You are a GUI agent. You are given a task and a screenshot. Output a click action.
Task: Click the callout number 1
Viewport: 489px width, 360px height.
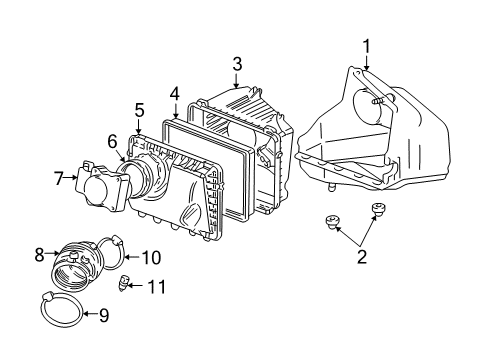coord(366,45)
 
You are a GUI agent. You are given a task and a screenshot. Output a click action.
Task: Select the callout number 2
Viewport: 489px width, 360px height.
coord(362,257)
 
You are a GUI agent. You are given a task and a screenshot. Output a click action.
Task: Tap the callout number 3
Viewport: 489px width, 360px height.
coord(237,63)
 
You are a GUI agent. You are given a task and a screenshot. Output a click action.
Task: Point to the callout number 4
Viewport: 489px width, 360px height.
coord(174,96)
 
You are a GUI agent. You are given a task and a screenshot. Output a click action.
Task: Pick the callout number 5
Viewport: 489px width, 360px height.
coord(140,110)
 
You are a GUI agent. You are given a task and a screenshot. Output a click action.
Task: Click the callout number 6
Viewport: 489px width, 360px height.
coord(113,143)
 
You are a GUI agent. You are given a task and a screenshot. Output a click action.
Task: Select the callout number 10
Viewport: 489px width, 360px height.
coord(151,257)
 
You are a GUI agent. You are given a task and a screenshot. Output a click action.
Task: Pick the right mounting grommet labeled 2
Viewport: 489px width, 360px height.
coord(379,209)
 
